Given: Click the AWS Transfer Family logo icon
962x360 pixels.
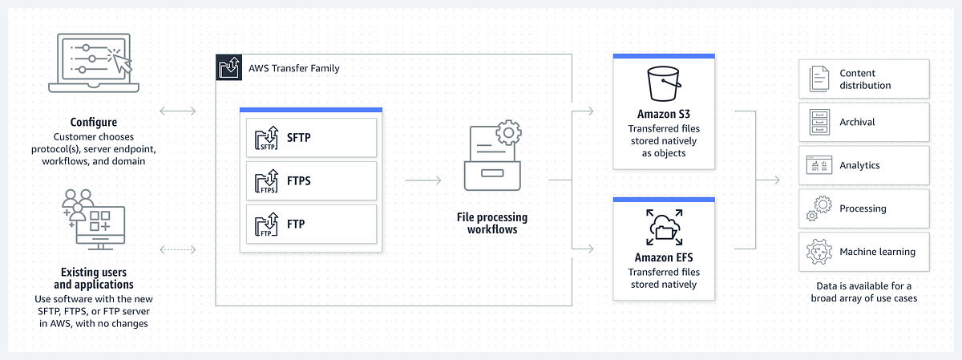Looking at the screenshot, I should [228, 68].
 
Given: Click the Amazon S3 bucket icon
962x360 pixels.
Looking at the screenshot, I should [664, 83].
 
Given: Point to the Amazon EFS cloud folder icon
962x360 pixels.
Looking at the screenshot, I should [663, 229].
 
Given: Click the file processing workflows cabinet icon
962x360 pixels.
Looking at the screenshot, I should [492, 156].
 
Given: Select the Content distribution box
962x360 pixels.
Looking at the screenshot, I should [864, 79].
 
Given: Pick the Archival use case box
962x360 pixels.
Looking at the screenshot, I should [864, 122].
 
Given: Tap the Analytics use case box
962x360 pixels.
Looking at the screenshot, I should [864, 165].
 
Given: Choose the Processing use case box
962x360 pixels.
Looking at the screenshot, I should [864, 208].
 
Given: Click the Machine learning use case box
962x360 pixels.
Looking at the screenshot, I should [864, 252].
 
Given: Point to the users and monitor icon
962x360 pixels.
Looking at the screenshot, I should [93, 216].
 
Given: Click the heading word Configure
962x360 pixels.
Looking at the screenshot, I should [93, 123].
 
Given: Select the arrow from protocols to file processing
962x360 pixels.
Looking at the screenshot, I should [423, 181].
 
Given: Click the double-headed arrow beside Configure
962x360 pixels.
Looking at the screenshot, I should [178, 110].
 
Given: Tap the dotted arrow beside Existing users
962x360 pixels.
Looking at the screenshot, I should [178, 249].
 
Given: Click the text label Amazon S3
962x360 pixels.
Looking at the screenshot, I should [663, 115].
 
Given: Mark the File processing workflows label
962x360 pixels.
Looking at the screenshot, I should [492, 224].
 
